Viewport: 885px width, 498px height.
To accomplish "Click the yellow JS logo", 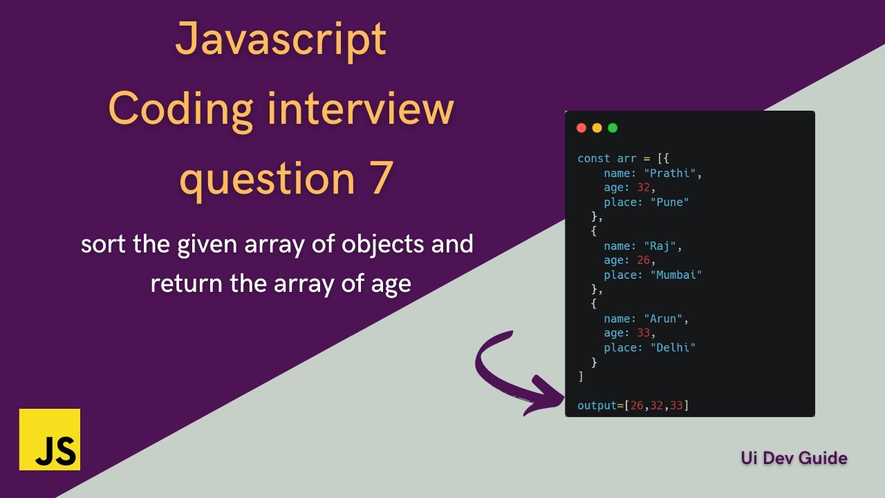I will [50, 439].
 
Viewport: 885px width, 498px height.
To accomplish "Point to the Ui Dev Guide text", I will [794, 458].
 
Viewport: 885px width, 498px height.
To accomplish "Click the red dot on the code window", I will [581, 128].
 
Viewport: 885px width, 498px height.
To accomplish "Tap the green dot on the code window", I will [612, 128].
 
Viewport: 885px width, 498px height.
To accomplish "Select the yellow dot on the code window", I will [597, 128].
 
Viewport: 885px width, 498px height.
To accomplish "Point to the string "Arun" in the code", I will [664, 318].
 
